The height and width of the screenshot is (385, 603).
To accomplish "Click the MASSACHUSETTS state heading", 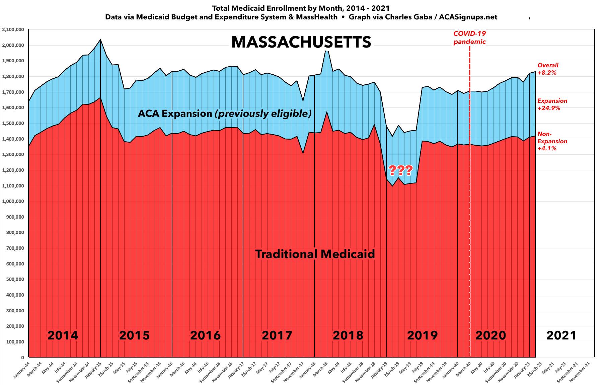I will click(x=301, y=43).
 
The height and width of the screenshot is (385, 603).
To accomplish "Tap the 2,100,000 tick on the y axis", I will click(x=13, y=30).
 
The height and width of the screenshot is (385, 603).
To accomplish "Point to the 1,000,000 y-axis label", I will click(x=13, y=202).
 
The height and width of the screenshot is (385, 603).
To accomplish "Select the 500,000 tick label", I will click(x=15, y=280).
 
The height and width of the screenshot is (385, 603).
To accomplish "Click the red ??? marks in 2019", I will click(x=400, y=171).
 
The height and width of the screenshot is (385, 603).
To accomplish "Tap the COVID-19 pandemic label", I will click(x=469, y=37).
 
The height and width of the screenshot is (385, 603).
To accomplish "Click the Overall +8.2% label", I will click(x=548, y=69).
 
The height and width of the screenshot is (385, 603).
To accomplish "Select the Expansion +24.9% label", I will click(x=552, y=104).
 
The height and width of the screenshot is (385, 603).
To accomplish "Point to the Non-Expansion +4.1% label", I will click(x=552, y=141).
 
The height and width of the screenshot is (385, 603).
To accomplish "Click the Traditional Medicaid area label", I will click(x=315, y=254).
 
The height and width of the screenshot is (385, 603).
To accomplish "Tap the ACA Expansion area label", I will click(x=225, y=114).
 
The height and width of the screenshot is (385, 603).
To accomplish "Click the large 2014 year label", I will click(x=63, y=335).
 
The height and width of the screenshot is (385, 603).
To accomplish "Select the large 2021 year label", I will click(x=561, y=335).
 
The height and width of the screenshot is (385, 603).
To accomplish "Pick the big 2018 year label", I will click(x=348, y=335).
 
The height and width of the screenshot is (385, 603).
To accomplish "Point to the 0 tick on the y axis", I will click(x=22, y=358).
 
